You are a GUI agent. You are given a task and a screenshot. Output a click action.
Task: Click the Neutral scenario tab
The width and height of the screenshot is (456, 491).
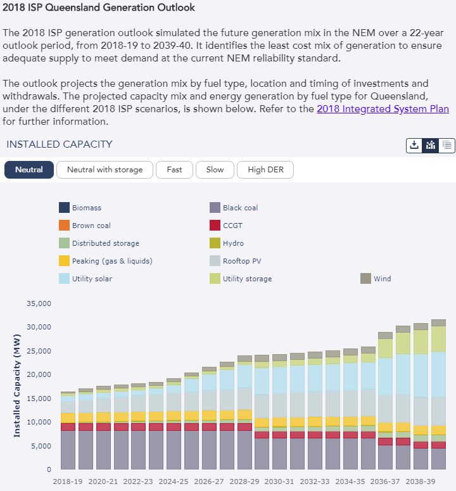[x=29, y=170]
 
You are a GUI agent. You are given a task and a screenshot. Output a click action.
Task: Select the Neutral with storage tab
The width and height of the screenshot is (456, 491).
[x=104, y=170]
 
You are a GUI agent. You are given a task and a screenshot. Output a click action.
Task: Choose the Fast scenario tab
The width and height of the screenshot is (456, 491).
[x=174, y=170]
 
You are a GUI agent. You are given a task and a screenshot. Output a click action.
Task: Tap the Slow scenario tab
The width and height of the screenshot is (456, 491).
[x=215, y=170]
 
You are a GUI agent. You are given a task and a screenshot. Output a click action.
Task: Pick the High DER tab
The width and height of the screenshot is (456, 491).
[x=265, y=170]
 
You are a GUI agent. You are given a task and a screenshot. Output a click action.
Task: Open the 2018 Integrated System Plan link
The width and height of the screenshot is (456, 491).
[x=383, y=109]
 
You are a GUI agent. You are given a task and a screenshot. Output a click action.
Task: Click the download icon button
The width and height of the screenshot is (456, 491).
[x=414, y=145]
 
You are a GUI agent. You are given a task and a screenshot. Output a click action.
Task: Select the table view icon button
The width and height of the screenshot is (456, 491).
[x=447, y=145]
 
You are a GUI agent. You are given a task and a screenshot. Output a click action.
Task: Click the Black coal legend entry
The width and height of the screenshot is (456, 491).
[x=240, y=208]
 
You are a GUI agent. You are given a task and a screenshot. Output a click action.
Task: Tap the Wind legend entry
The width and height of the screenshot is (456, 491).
[x=382, y=279]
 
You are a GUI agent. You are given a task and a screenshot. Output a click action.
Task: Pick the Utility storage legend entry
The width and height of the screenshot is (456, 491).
[x=247, y=279]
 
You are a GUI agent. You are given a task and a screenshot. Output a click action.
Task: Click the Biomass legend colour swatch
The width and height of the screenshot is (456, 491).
[x=65, y=208]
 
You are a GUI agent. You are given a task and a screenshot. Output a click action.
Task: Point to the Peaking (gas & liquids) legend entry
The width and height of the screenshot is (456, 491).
[x=111, y=261]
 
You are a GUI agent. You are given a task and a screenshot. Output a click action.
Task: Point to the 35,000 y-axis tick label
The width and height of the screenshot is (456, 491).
[x=38, y=303]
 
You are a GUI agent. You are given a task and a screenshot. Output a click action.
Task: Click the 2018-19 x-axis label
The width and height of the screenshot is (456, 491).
[x=68, y=481]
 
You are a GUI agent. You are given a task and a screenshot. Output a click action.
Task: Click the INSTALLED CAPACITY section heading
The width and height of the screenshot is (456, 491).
[x=60, y=144]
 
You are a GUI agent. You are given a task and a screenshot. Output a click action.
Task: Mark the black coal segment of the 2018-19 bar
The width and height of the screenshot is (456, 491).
[x=68, y=450]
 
